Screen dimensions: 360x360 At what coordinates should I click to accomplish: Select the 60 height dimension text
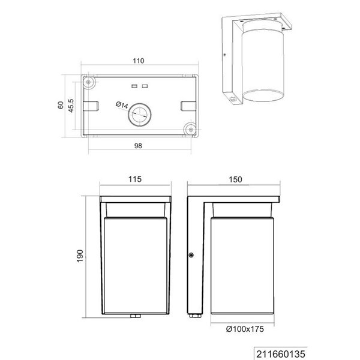[60, 104]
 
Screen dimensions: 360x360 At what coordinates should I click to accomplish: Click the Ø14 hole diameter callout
[121, 106]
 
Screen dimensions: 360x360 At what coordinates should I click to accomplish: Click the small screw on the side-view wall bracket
[191, 256]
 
